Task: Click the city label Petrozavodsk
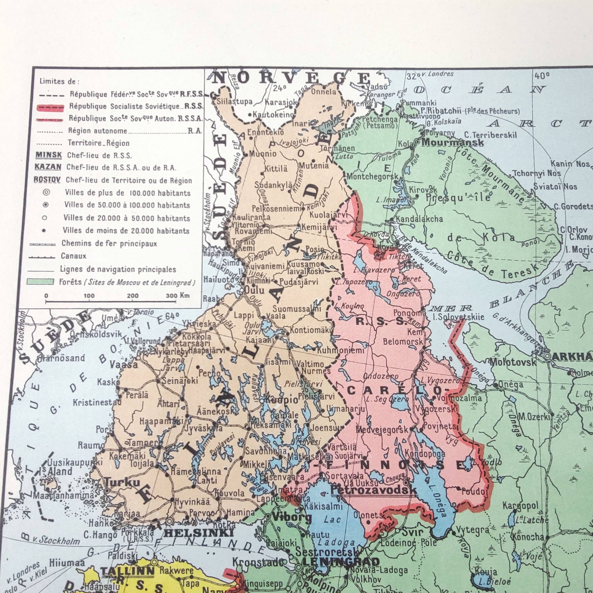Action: pos(373,490)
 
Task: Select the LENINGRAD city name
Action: pos(341,562)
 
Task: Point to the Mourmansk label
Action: pos(453,143)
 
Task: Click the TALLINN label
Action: pos(127,572)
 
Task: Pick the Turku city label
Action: pos(122,483)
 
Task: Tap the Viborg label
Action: pos(292,518)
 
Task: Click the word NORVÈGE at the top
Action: pos(292,79)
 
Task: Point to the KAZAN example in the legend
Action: pos(48,167)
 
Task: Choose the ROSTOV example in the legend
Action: pos(47,180)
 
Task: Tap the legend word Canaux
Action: pos(74,256)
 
